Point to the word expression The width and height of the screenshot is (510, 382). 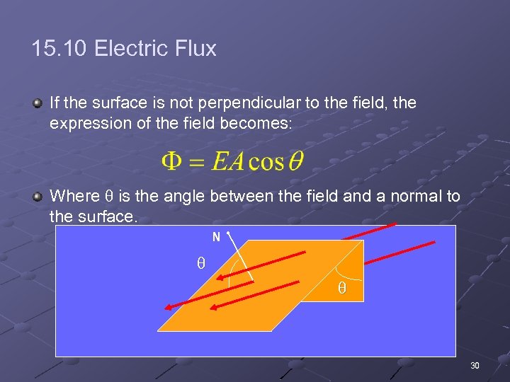[x=86, y=123]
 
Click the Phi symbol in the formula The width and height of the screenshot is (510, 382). [x=173, y=161]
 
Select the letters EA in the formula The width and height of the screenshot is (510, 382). [x=228, y=161]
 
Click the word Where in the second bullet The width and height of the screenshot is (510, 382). [x=73, y=196]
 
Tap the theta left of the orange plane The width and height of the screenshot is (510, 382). [x=200, y=263]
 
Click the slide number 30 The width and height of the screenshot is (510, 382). [x=475, y=366]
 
